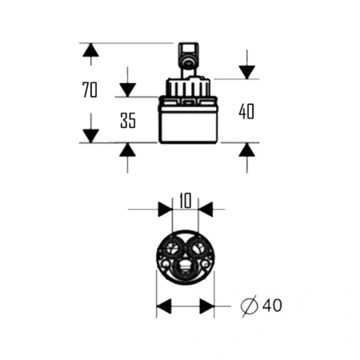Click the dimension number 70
click(x=90, y=90)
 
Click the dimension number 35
click(x=128, y=121)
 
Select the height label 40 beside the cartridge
click(x=246, y=111)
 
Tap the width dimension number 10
click(x=186, y=201)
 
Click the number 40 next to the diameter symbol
click(x=272, y=306)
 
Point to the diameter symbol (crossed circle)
click(x=250, y=306)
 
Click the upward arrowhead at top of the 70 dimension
click(x=90, y=50)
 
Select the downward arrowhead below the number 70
click(x=90, y=136)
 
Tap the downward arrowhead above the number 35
click(x=127, y=90)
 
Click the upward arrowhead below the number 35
click(x=127, y=150)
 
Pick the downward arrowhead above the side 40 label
click(x=247, y=72)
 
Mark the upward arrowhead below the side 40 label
click(x=247, y=150)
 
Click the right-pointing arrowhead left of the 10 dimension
click(x=165, y=210)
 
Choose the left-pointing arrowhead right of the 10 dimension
click(x=206, y=210)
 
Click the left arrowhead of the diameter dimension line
click(x=164, y=306)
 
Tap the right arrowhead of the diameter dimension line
click(x=207, y=306)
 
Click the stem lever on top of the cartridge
click(x=189, y=60)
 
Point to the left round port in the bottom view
click(x=172, y=249)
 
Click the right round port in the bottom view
click(x=197, y=249)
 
